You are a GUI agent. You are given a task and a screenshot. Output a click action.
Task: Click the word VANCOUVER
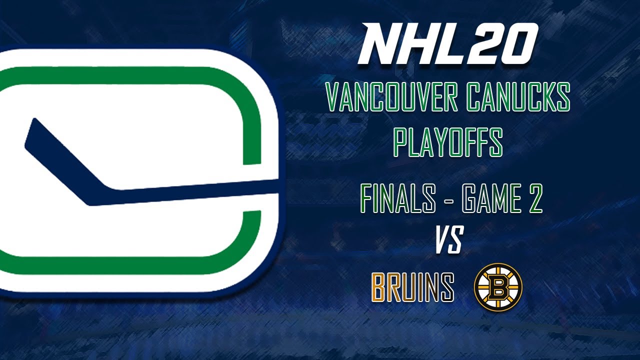pyautogui.click(x=391, y=98)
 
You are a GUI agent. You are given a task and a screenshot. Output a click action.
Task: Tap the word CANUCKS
pyautogui.click(x=518, y=98)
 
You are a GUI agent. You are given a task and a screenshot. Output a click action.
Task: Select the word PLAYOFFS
pyautogui.click(x=447, y=142)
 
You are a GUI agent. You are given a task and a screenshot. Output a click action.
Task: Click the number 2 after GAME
pyautogui.click(x=534, y=199)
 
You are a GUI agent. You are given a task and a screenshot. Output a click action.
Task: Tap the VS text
pyautogui.click(x=448, y=240)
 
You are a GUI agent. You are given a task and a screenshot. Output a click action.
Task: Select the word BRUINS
pyautogui.click(x=413, y=287)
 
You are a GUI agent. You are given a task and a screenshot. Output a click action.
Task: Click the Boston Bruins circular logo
pyautogui.click(x=498, y=287)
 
